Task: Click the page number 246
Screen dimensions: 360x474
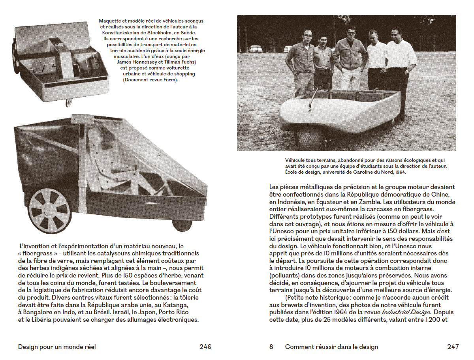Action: tap(205, 347)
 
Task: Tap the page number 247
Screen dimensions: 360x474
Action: tap(453, 347)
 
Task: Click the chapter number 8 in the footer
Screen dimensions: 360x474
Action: tap(271, 347)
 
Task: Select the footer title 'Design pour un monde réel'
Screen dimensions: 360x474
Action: tap(57, 347)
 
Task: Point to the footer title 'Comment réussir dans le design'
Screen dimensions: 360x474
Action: tap(331, 347)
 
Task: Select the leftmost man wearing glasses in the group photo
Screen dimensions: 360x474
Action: tap(300, 59)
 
